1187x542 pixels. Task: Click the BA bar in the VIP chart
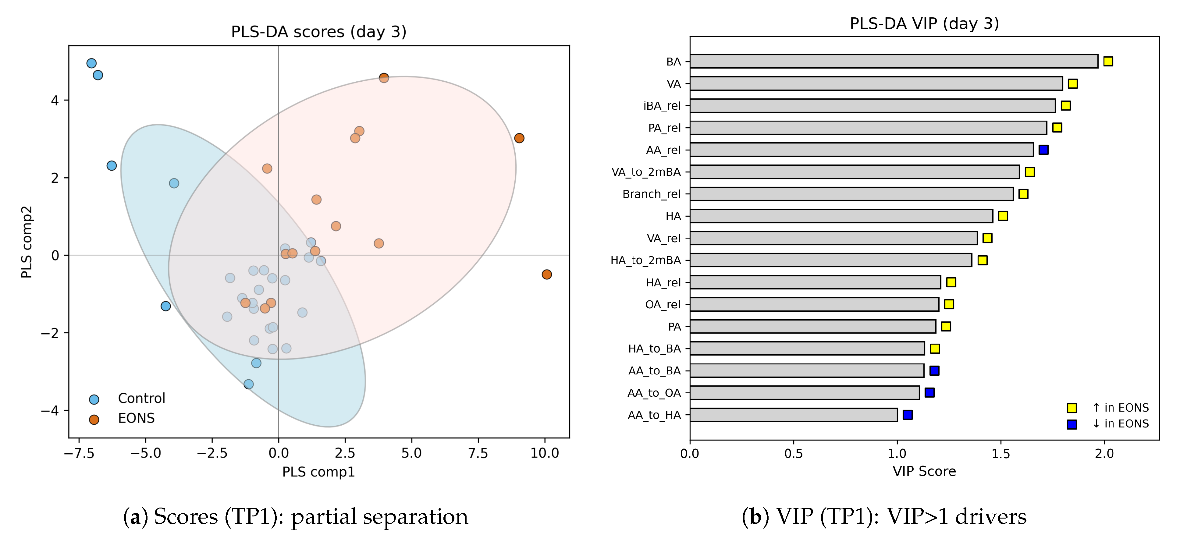pos(894,61)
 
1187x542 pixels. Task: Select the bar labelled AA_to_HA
pos(794,415)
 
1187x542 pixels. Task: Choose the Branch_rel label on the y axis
pos(651,194)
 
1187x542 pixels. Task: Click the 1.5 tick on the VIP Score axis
pos(1000,454)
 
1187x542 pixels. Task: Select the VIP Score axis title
pos(924,471)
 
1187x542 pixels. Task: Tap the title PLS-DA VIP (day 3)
pos(924,23)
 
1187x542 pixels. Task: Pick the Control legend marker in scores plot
pos(94,399)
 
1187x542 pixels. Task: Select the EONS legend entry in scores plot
pos(136,418)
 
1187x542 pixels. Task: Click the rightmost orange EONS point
pos(546,275)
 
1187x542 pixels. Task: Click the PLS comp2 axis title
pos(27,242)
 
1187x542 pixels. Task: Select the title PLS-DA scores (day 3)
pos(318,32)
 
